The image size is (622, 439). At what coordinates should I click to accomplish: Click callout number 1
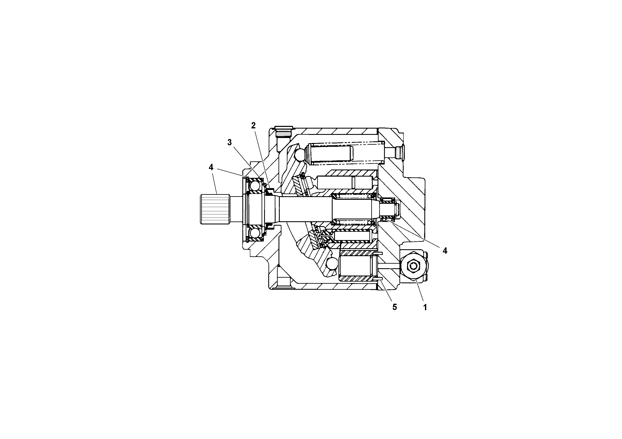click(425, 307)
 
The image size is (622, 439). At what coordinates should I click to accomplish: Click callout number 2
click(253, 126)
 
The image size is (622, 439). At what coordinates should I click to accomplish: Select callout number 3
click(229, 143)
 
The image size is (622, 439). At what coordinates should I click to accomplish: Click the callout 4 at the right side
click(445, 251)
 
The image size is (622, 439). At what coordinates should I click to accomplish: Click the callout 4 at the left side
click(211, 167)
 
